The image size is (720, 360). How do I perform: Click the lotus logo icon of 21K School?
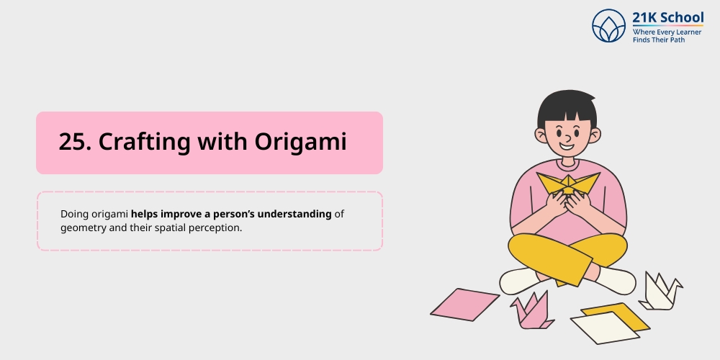pyautogui.click(x=609, y=25)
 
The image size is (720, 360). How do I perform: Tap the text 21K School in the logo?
pyautogui.click(x=667, y=18)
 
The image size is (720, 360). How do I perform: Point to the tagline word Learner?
pyautogui.click(x=688, y=32)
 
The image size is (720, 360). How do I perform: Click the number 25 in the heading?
pyautogui.click(x=73, y=143)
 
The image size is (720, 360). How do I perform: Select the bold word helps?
pyautogui.click(x=145, y=215)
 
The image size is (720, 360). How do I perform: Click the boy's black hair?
pyautogui.click(x=567, y=108)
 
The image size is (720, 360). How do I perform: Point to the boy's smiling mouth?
pyautogui.click(x=567, y=146)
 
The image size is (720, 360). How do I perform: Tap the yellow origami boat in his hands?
pyautogui.click(x=567, y=184)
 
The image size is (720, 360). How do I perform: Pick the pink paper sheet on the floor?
pyautogui.click(x=464, y=304)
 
